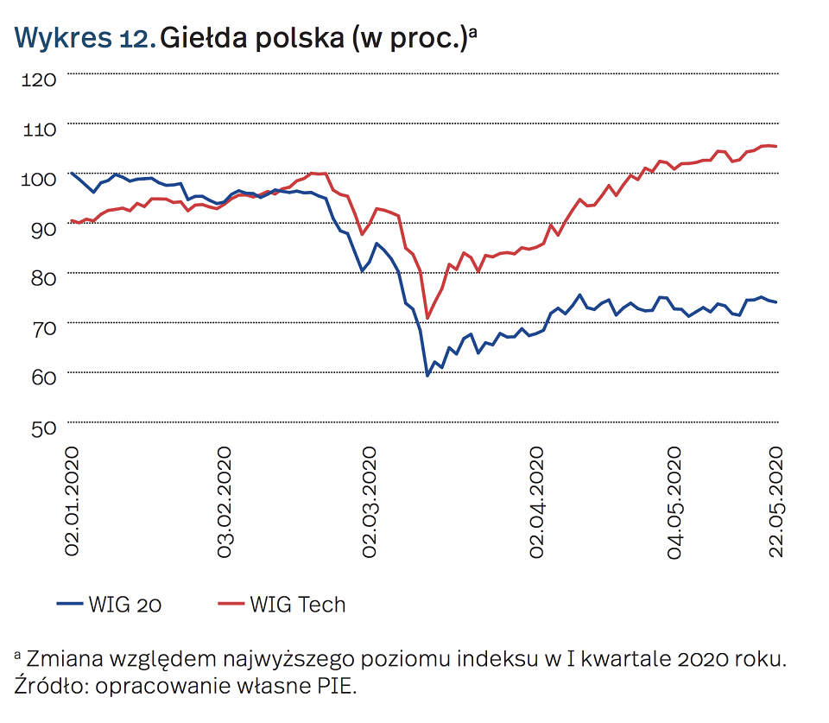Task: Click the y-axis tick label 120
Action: coord(38,79)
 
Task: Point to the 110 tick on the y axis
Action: coord(38,130)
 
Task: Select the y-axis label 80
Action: coord(40,278)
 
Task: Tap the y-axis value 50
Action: coord(40,427)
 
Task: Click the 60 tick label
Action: coord(40,377)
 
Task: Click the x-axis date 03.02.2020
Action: coord(225,502)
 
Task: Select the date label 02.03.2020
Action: coord(370,502)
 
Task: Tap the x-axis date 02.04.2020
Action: coord(538,502)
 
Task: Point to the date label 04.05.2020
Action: coord(674,502)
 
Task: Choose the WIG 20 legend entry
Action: coord(110,605)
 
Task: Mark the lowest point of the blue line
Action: coord(427,376)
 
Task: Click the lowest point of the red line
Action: coord(427,318)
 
